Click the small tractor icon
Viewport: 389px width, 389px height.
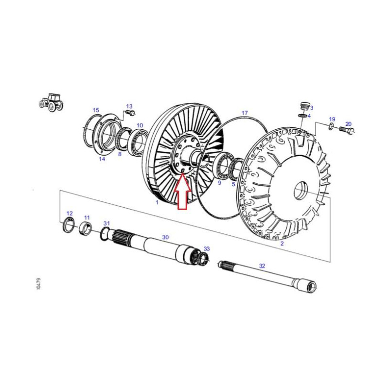pyautogui.click(x=52, y=102)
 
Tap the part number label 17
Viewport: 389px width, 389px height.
pyautogui.click(x=245, y=113)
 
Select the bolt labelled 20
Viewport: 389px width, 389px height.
pyautogui.click(x=347, y=130)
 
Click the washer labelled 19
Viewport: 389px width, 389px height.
pyautogui.click(x=331, y=127)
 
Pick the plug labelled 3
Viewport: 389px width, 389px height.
pyautogui.click(x=303, y=106)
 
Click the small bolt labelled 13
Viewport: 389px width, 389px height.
pyautogui.click(x=130, y=113)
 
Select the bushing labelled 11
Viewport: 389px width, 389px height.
pyautogui.click(x=86, y=229)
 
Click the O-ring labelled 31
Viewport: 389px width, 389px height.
pyautogui.click(x=105, y=233)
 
